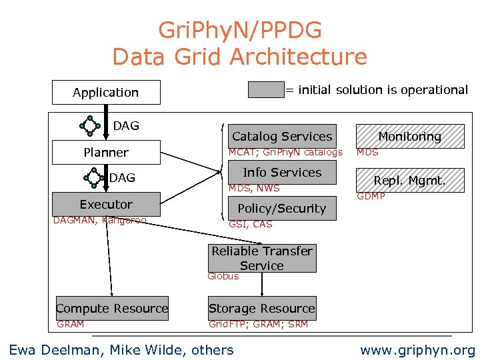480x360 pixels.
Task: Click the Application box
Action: (106, 93)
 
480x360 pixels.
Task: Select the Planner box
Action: (106, 153)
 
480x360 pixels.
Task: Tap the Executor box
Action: (106, 205)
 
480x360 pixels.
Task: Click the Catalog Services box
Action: (281, 136)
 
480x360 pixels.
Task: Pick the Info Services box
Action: (281, 173)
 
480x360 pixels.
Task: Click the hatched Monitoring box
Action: (409, 136)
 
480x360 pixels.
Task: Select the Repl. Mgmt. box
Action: (409, 180)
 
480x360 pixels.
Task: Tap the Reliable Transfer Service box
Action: (261, 258)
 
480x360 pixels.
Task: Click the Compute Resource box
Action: (112, 309)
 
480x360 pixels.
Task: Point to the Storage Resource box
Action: (261, 309)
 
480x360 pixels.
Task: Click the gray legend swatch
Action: (266, 90)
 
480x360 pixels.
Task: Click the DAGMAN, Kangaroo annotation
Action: (99, 220)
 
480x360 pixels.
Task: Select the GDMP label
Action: (371, 196)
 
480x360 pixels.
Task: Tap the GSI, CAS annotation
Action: (251, 225)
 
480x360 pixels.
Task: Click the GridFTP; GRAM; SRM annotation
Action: (258, 325)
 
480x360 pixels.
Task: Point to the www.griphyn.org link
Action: (417, 350)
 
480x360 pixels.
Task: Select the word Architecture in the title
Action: (297, 57)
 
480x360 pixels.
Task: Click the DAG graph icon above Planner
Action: (90, 125)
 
